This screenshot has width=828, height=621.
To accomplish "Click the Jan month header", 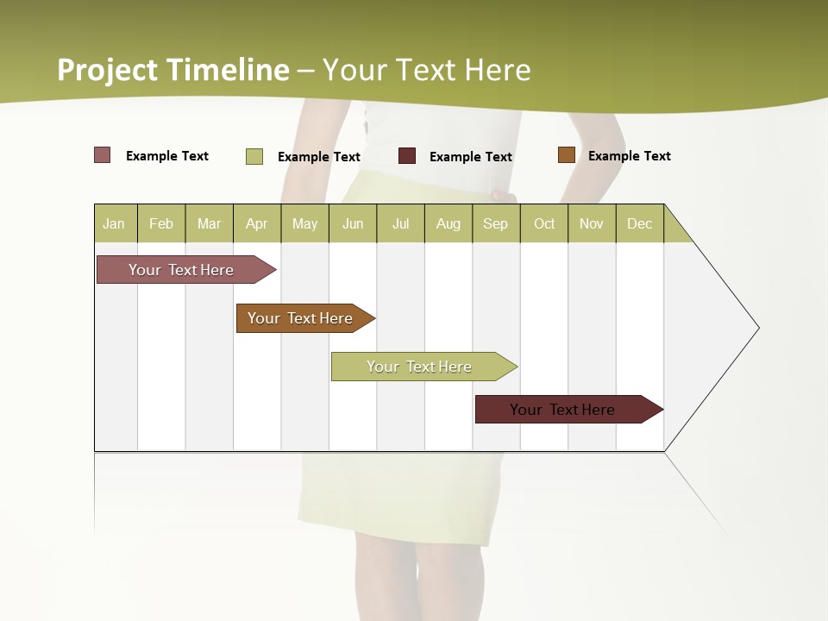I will [x=115, y=223].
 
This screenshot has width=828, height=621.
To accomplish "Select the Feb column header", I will [x=161, y=223].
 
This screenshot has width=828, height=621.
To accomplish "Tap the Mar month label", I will [x=209, y=223].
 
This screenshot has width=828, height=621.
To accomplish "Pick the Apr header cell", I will [x=257, y=223].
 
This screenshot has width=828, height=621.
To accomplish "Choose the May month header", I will [x=304, y=223].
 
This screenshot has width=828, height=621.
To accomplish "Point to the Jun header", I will [x=353, y=223].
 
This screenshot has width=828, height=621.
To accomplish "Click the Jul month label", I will [x=400, y=223].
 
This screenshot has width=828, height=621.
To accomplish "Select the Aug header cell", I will [x=448, y=223].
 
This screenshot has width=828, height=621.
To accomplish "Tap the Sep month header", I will [x=496, y=223].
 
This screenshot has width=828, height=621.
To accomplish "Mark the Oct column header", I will [x=544, y=223].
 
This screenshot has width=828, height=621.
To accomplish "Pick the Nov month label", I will [x=592, y=223].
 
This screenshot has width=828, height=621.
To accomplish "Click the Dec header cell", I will [x=640, y=223].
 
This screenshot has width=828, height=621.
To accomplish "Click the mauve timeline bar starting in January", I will [x=182, y=270].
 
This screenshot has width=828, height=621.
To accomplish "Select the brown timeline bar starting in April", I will [x=301, y=318].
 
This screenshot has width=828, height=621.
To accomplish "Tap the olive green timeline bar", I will [x=420, y=367].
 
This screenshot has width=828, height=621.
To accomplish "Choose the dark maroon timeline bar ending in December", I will [x=563, y=410].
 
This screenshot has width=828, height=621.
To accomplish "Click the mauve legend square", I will [x=103, y=155].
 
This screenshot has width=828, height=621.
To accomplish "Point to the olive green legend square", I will [x=254, y=156].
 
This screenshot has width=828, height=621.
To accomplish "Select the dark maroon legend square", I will [x=407, y=156].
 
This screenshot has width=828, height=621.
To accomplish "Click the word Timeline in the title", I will [x=228, y=69].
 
